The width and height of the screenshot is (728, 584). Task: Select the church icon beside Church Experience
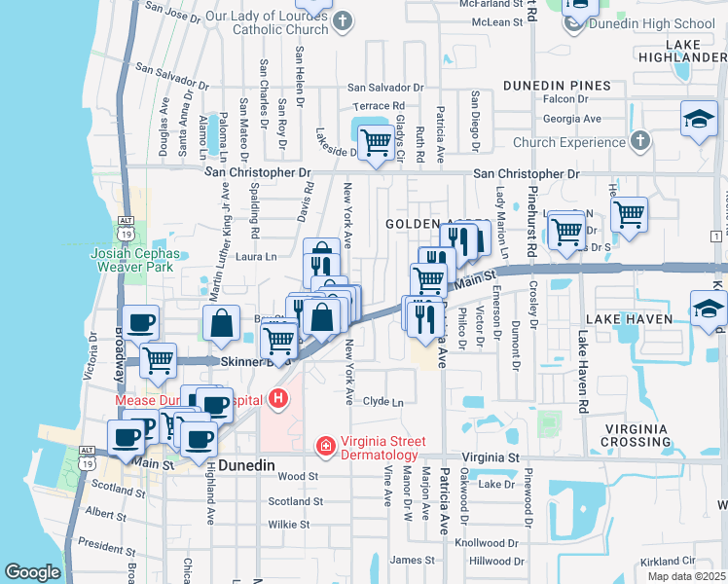pyautogui.click(x=638, y=142)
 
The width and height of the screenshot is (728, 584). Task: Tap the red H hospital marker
pyautogui.click(x=279, y=398)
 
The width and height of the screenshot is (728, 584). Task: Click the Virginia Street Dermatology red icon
pyautogui.click(x=325, y=445)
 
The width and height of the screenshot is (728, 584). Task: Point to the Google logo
pyautogui.click(x=32, y=572)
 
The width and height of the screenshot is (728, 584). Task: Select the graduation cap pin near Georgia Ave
pyautogui.click(x=699, y=119)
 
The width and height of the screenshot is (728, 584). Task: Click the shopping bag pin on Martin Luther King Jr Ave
pyautogui.click(x=222, y=323)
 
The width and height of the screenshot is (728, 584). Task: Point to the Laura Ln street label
pyautogui.click(x=257, y=257)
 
